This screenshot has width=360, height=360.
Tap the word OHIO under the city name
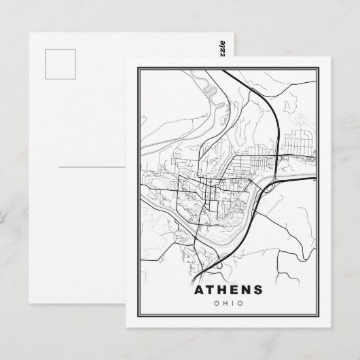coord(227,304)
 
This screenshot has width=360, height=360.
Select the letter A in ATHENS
coord(198,289)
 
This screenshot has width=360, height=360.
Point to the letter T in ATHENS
coord(209,289)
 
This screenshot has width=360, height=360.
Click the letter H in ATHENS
coord(221,289)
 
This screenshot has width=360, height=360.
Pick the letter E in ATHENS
coord(234,289)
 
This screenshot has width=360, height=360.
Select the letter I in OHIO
coord(231,304)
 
